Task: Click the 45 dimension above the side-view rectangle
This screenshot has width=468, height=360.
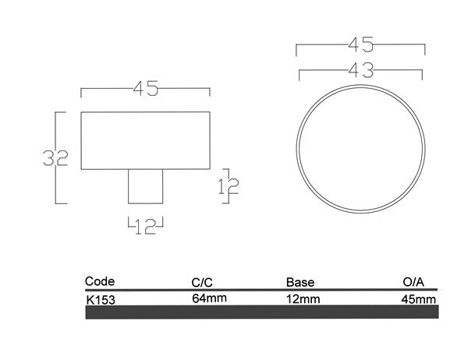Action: click(146, 90)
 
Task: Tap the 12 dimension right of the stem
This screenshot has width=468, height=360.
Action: click(232, 185)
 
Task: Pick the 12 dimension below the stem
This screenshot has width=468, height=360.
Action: click(146, 228)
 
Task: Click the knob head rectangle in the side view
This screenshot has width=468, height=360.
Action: click(146, 140)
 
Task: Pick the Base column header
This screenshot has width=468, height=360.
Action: click(300, 282)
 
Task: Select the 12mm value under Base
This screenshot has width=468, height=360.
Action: click(303, 298)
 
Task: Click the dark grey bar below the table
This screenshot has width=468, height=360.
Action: click(261, 312)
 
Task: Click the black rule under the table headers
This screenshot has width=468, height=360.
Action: click(261, 290)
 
